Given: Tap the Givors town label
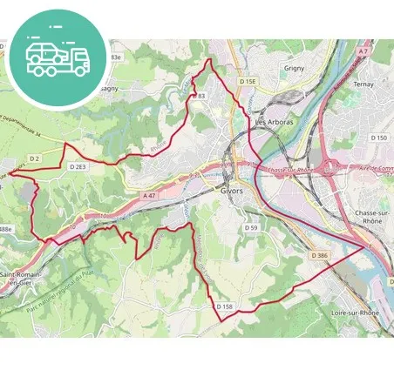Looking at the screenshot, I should [233, 189].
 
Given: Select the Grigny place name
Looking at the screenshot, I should [296, 67].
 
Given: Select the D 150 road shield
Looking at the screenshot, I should [377, 138].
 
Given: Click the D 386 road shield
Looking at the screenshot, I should [318, 255].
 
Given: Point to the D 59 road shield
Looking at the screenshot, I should [251, 227].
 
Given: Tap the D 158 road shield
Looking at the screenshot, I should [225, 306].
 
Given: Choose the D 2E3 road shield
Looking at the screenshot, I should [78, 165].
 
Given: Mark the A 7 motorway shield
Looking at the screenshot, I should [363, 52].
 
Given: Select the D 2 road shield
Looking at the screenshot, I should [35, 158].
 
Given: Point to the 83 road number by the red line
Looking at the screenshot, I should [200, 96].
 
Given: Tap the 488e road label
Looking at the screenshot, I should [6, 229].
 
